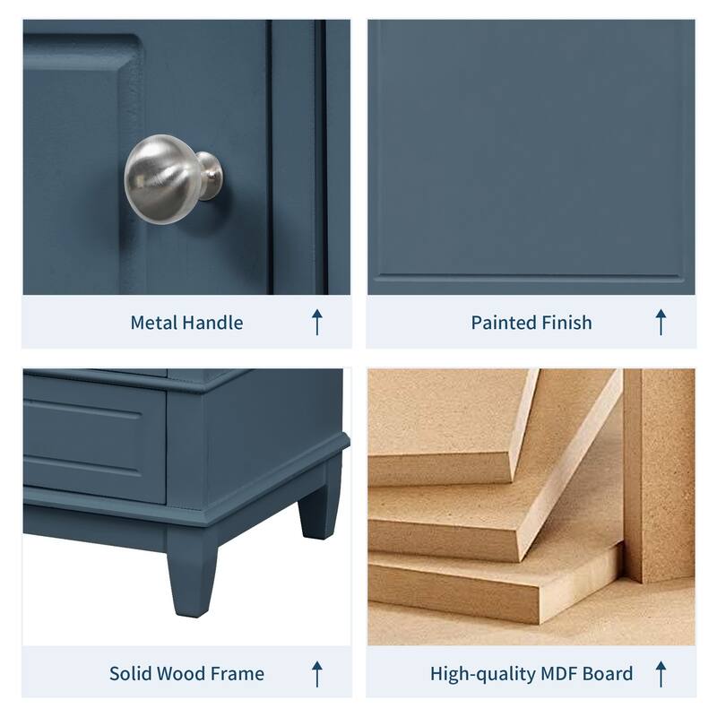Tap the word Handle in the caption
pos(212,323)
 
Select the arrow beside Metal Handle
pos(316,322)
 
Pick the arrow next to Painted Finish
pos(661,322)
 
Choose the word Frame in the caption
pos(238,673)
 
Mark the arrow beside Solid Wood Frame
pos(316,673)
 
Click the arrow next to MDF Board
pos(661,673)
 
